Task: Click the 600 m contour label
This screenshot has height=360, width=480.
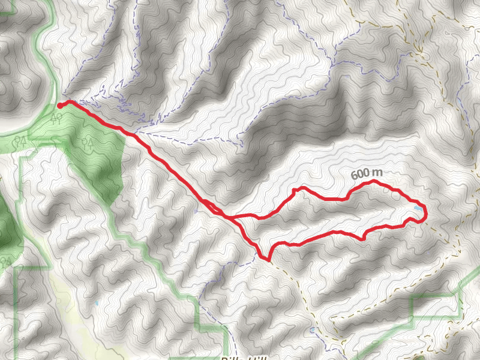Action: coord(367,174)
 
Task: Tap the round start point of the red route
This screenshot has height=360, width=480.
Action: coord(60,106)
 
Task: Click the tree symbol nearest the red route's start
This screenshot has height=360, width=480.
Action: coord(57,118)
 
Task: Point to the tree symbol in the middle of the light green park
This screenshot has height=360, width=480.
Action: coord(88,142)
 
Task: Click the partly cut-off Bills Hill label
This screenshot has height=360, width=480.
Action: coord(243,358)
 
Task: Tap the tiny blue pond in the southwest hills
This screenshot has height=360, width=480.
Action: coord(97,304)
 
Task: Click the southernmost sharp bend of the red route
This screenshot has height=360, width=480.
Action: coord(268,259)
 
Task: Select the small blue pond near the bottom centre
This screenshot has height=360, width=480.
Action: coord(313,330)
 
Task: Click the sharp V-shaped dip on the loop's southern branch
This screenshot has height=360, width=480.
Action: coord(363,238)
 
